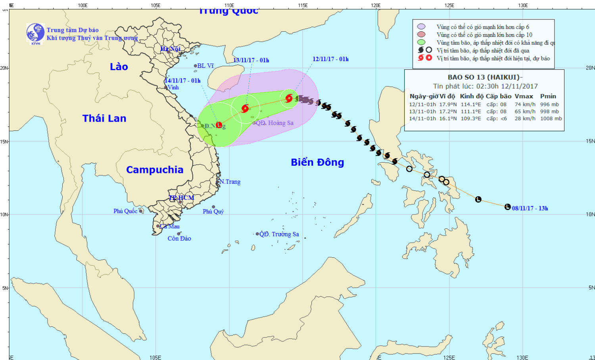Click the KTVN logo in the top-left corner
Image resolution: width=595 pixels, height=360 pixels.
pyautogui.click(x=35, y=33)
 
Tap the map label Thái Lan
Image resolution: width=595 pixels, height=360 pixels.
pyautogui.click(x=104, y=118)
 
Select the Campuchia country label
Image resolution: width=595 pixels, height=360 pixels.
pyautogui.click(x=155, y=170)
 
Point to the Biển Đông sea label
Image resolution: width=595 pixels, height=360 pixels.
pyautogui.click(x=317, y=162)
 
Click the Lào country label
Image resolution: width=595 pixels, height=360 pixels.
pyautogui.click(x=119, y=67)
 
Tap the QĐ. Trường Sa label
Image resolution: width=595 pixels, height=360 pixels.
pyautogui.click(x=279, y=234)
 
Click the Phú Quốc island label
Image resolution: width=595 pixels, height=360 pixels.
pyautogui.click(x=125, y=211)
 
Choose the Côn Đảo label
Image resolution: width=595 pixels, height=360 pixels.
pyautogui.click(x=179, y=238)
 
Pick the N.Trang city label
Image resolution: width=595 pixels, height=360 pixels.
pyautogui.click(x=230, y=182)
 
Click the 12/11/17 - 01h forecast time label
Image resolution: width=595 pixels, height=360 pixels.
pyautogui.click(x=330, y=59)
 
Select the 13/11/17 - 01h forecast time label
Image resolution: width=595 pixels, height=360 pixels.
pyautogui.click(x=251, y=60)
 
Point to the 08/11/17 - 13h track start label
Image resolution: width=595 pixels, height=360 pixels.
pyautogui.click(x=530, y=208)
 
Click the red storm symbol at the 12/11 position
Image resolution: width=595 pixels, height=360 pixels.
pyautogui.click(x=289, y=98)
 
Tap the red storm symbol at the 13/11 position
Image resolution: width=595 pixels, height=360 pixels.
pyautogui.click(x=245, y=108)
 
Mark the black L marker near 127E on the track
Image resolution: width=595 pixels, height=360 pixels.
pyautogui.click(x=478, y=199)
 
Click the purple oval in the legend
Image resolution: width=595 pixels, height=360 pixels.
pyautogui.click(x=421, y=27)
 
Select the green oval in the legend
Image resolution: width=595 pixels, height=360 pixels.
pyautogui.click(x=421, y=42)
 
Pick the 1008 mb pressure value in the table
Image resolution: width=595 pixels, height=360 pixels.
pyautogui.click(x=551, y=119)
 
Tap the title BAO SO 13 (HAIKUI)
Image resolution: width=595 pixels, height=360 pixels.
pyautogui.click(x=484, y=77)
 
